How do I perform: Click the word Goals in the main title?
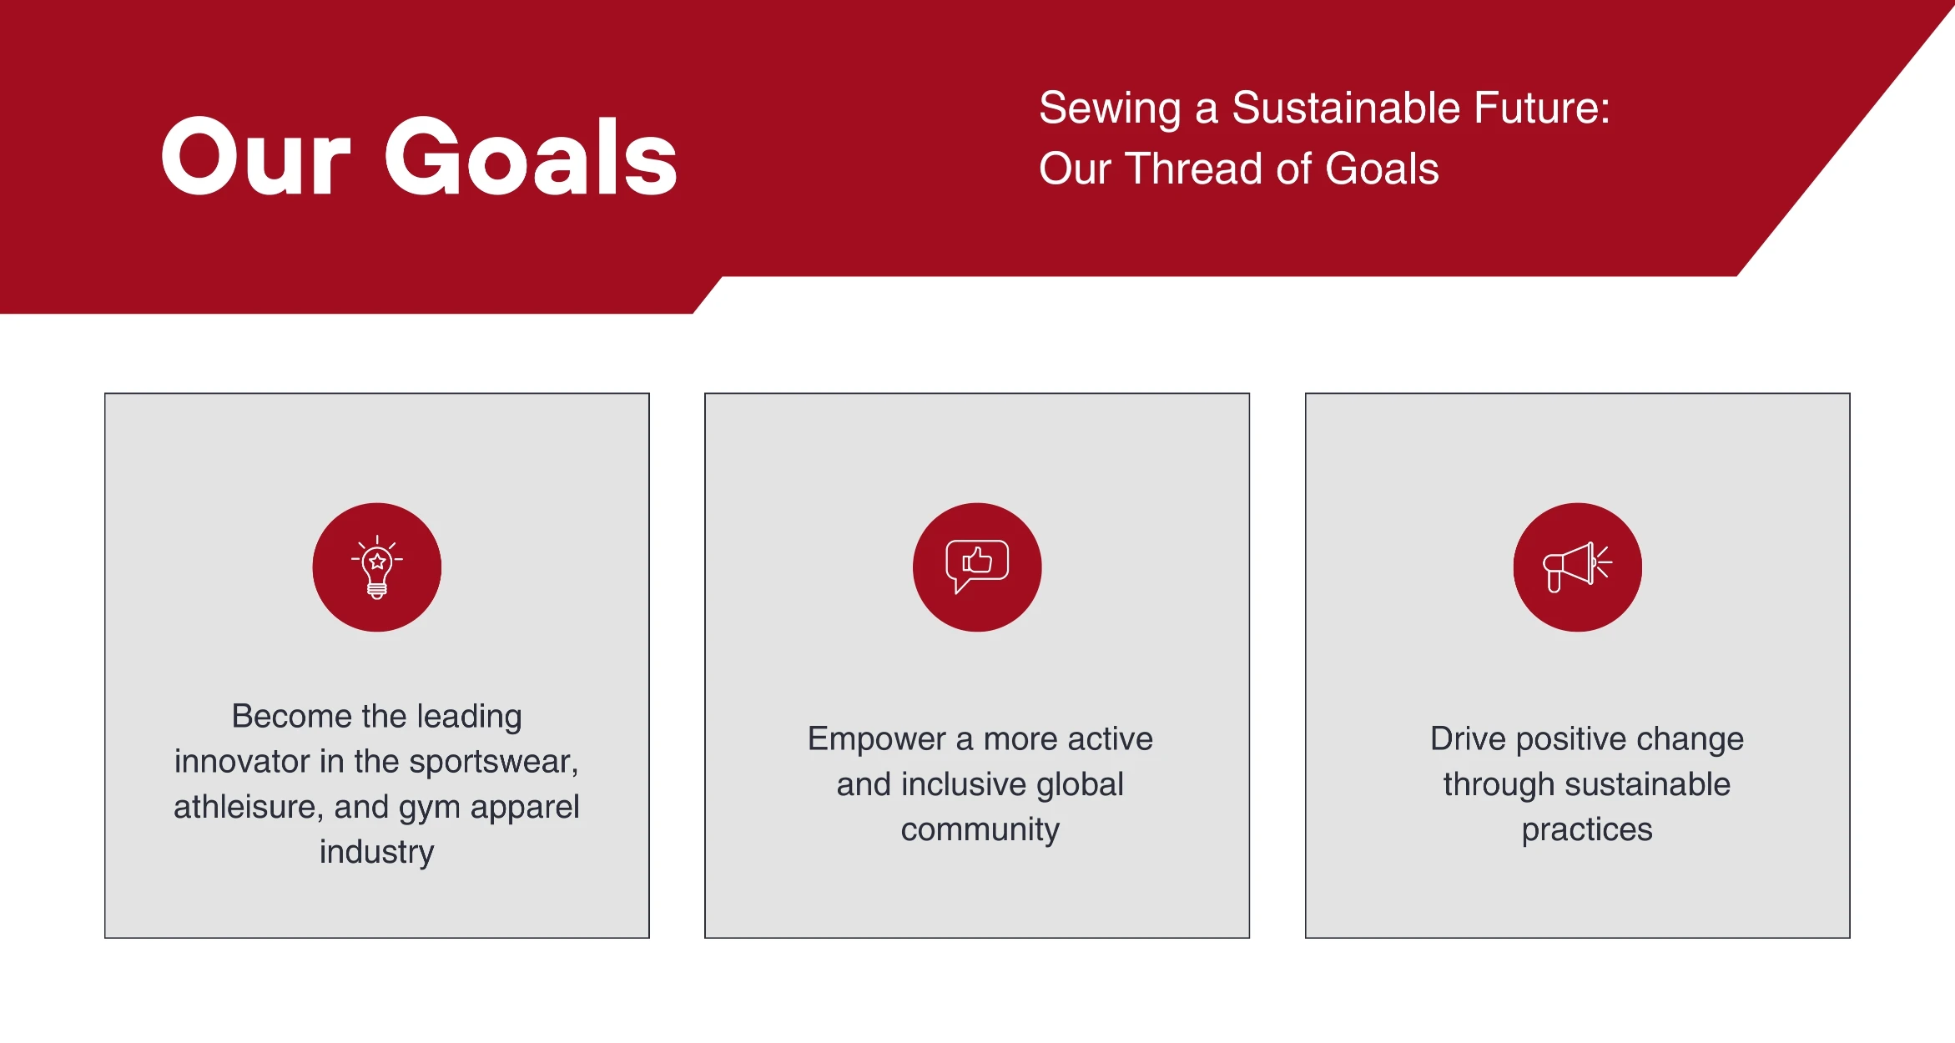point(531,156)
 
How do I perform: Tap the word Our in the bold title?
point(255,156)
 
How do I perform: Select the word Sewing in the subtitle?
point(1110,109)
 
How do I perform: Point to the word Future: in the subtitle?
point(1542,108)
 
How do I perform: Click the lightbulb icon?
point(377,567)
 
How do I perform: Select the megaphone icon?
point(1577,567)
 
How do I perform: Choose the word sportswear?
point(493,762)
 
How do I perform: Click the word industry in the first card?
point(377,852)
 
